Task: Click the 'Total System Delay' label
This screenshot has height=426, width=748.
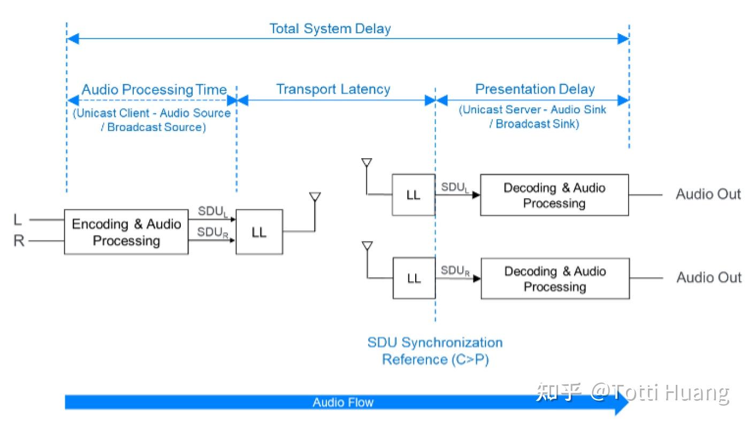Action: coord(330,29)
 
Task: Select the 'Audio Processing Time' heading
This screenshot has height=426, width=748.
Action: coord(154,90)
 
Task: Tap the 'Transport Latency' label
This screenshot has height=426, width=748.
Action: coord(333,89)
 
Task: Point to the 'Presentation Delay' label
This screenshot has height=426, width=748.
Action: coord(535,89)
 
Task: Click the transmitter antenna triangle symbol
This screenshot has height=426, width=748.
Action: coord(315,197)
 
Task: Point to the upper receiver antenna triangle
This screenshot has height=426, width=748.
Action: coord(367,162)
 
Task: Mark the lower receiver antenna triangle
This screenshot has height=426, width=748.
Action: coord(367,246)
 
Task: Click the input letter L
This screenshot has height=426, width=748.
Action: coord(17,220)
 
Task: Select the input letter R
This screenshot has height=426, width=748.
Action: coord(19,241)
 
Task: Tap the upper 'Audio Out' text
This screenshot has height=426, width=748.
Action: coord(708,194)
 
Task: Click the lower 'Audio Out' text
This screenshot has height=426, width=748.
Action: coord(709,277)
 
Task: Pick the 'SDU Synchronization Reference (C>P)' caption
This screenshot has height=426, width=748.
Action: coord(435,351)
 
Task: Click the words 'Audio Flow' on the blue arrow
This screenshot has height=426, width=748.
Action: coord(343,402)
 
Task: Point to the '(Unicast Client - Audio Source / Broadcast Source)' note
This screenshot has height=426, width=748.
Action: coord(152,120)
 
